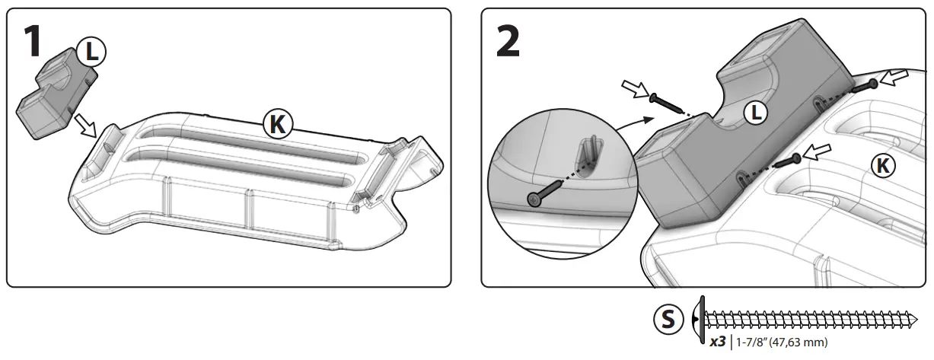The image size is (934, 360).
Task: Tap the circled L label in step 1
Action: click(x=91, y=53)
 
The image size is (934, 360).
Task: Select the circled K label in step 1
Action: click(x=277, y=124)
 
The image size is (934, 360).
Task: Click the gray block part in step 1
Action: click(x=53, y=95)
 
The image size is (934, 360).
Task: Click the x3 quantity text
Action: click(x=716, y=342)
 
